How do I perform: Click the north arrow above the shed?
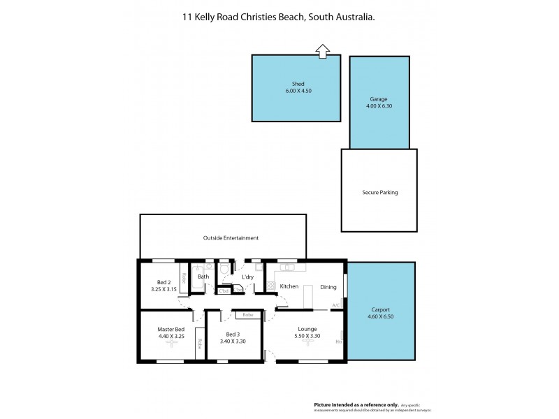point(322,50)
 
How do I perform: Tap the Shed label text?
point(298,84)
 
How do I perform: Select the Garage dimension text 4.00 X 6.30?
point(379,106)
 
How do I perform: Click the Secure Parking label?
point(379,192)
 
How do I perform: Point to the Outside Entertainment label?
point(231,237)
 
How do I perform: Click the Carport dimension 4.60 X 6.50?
point(381,316)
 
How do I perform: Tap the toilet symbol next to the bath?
point(224,269)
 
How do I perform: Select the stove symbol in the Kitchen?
point(270,285)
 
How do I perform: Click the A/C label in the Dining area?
point(336,305)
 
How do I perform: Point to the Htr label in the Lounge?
point(339,342)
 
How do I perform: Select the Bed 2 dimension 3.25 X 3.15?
point(164,288)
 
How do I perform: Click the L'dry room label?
point(247,277)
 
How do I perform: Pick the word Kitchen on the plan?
point(289,286)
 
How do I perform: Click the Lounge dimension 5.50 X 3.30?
point(307,337)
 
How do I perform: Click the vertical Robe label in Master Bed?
point(200,344)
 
